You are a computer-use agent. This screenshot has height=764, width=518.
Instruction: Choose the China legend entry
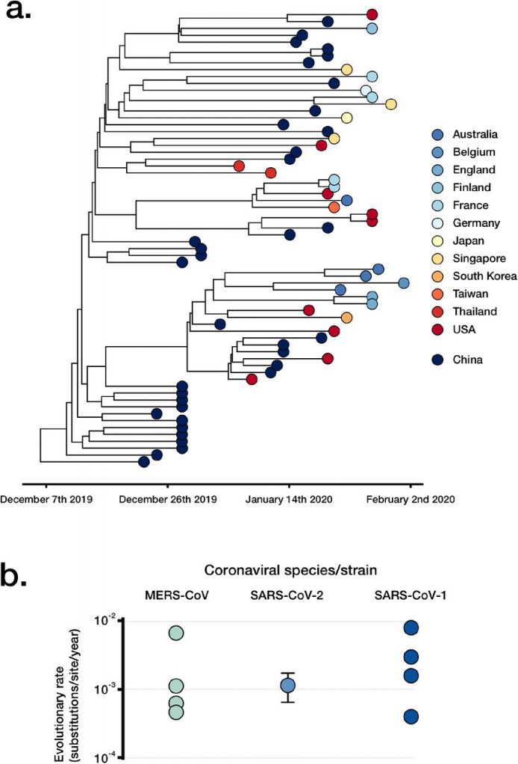460,360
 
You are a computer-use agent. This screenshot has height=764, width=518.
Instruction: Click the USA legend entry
460,329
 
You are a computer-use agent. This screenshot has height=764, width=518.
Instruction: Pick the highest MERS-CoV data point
175,633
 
